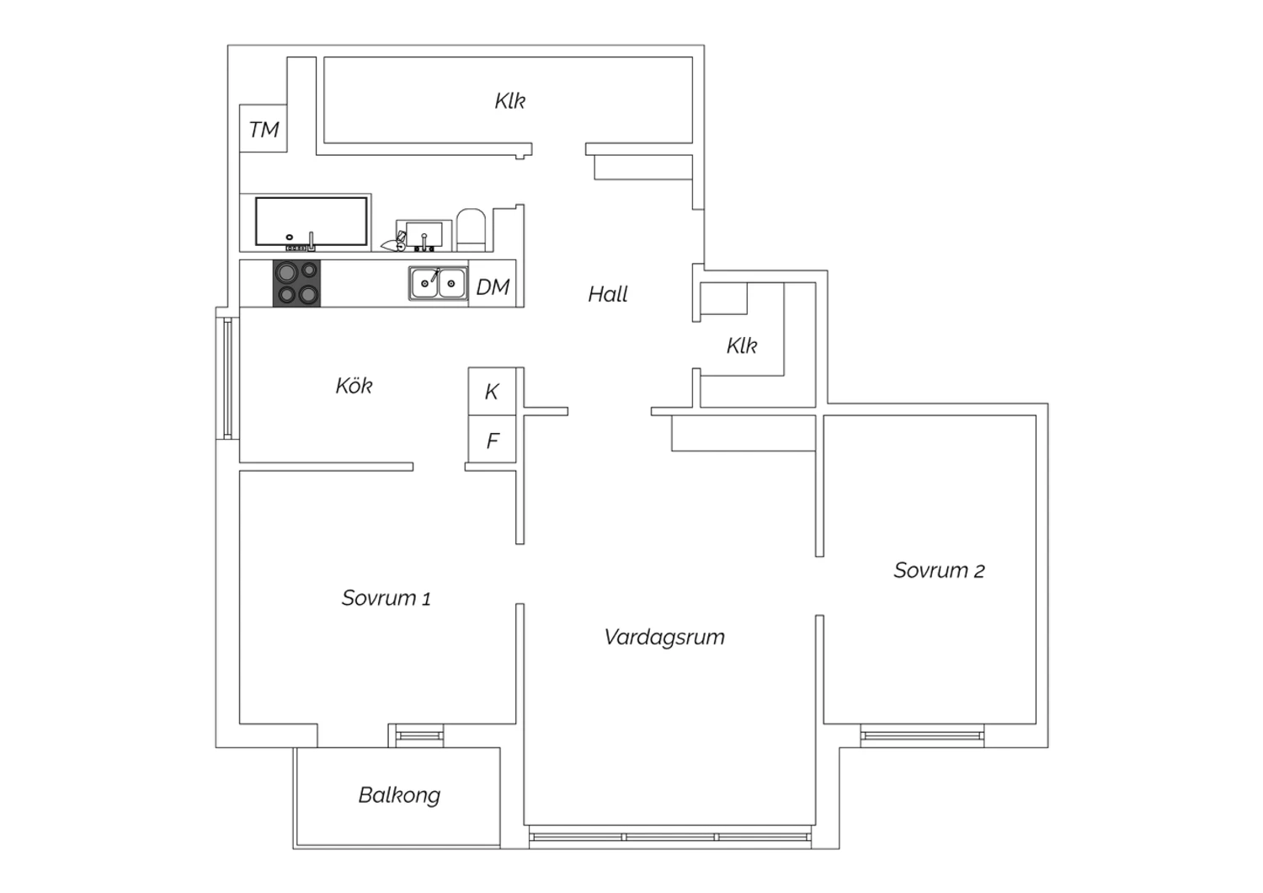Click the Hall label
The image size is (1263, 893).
pyautogui.click(x=607, y=294)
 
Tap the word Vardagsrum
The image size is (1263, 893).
pyautogui.click(x=664, y=638)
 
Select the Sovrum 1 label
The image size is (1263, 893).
pyautogui.click(x=386, y=598)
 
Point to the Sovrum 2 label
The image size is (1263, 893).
pyautogui.click(x=939, y=570)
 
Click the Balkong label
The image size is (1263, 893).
pyautogui.click(x=399, y=795)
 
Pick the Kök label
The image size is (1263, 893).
pyautogui.click(x=354, y=386)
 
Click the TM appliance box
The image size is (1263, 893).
pyautogui.click(x=264, y=129)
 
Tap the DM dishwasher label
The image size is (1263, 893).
pyautogui.click(x=493, y=287)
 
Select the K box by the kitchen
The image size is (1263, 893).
pyautogui.click(x=493, y=392)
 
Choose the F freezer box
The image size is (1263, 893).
pyautogui.click(x=493, y=440)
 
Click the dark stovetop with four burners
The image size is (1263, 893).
pyautogui.click(x=296, y=283)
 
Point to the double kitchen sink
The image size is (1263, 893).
pyautogui.click(x=438, y=283)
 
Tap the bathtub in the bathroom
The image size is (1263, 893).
pyautogui.click(x=312, y=222)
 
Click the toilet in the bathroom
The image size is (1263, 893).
pyautogui.click(x=471, y=230)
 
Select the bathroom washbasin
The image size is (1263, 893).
pyautogui.click(x=424, y=235)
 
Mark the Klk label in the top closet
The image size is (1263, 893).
pyautogui.click(x=509, y=101)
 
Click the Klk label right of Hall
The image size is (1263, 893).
pyautogui.click(x=742, y=345)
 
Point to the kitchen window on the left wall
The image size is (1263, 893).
pyautogui.click(x=228, y=378)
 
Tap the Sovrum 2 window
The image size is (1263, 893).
pyautogui.click(x=922, y=735)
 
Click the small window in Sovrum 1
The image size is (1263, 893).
pyautogui.click(x=419, y=735)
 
